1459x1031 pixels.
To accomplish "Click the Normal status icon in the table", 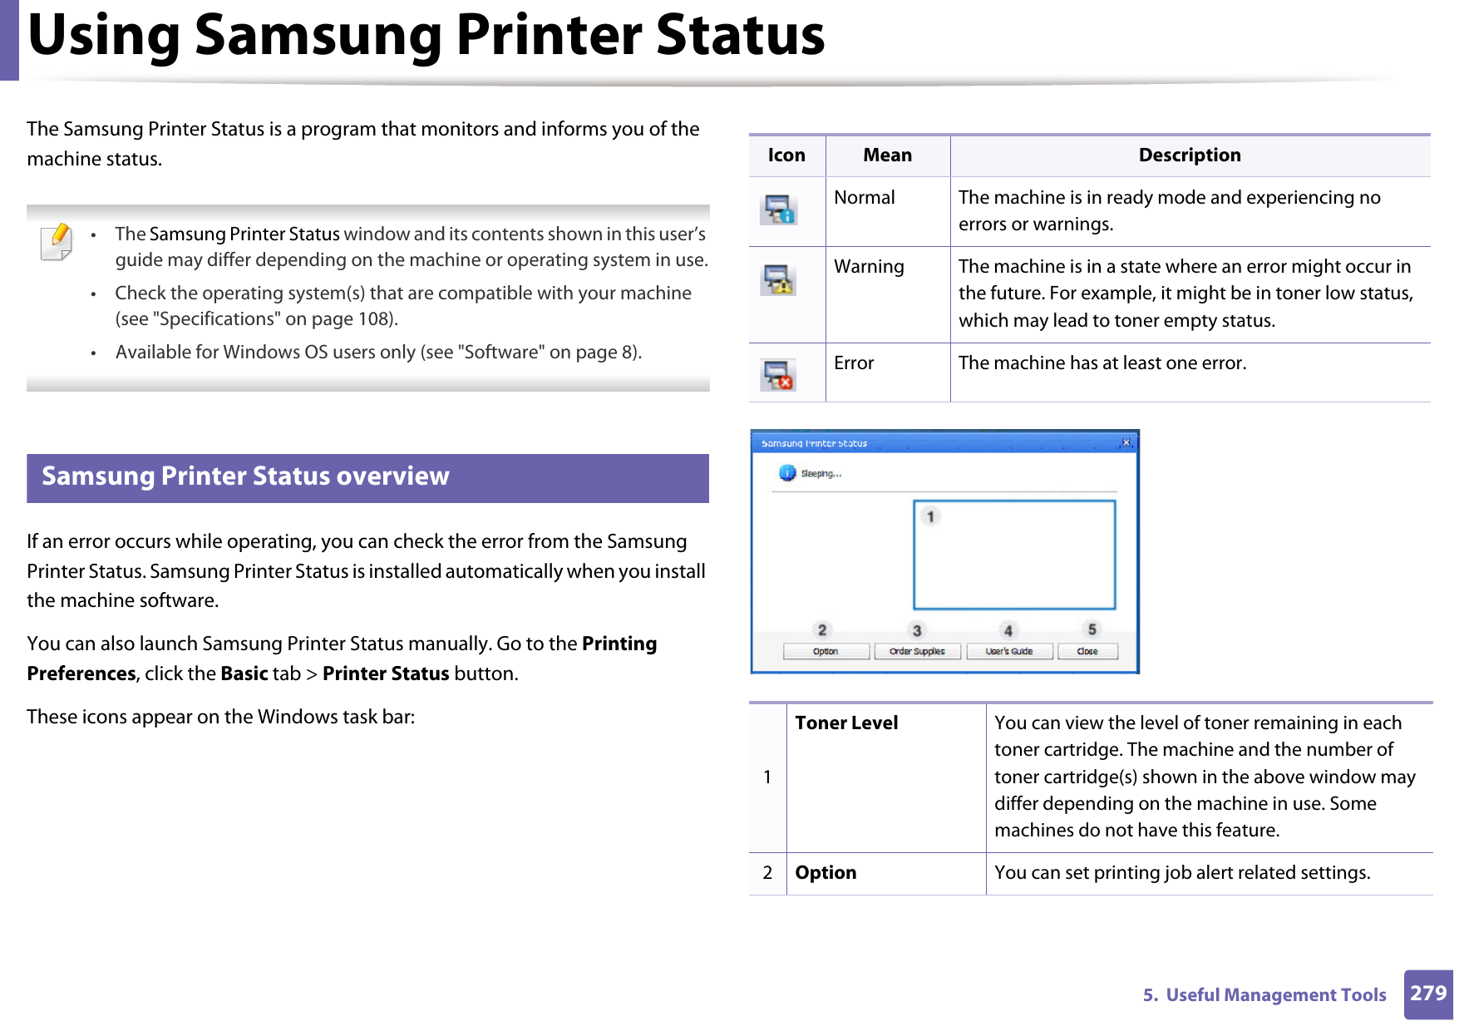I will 778,210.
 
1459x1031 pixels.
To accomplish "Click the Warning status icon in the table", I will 778,280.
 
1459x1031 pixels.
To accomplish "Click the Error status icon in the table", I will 778,375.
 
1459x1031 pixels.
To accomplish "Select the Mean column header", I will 887,155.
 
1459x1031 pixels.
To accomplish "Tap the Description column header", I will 1189,155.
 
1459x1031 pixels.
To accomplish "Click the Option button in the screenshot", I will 826,652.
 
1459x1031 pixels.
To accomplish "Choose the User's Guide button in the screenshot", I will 1009,652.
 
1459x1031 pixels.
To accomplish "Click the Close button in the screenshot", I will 1087,652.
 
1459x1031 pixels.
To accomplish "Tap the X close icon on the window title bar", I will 1126,442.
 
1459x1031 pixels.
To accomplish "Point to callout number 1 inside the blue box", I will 930,516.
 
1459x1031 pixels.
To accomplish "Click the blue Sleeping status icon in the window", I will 787,473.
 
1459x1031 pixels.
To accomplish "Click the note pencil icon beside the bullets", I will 57,242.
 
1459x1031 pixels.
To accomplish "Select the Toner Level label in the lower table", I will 846,723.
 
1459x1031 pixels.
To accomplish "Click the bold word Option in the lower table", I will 826,873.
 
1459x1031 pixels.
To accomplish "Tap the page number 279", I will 1428,994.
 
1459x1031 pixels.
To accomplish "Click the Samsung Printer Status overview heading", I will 245,476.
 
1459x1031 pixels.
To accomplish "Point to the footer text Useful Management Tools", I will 1275,995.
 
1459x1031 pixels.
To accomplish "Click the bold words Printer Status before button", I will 386,674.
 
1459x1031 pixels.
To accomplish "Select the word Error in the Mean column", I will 854,363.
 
